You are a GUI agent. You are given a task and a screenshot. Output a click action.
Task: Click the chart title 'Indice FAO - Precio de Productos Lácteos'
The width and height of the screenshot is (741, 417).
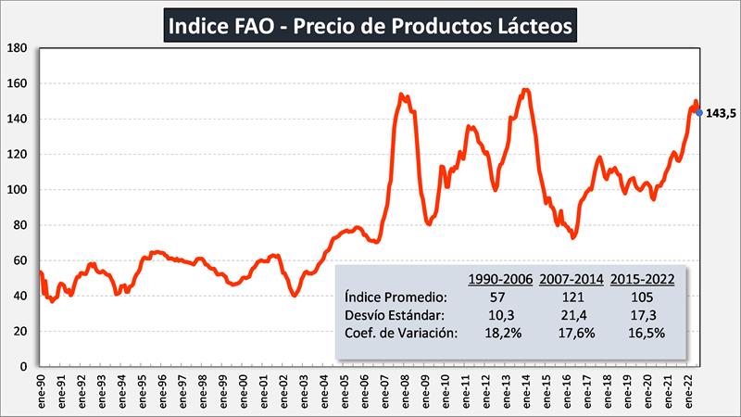click(x=370, y=24)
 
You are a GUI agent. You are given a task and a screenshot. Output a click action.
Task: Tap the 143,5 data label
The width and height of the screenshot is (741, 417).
click(x=721, y=113)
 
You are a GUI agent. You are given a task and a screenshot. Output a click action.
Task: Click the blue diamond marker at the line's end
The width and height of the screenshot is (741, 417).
click(x=698, y=112)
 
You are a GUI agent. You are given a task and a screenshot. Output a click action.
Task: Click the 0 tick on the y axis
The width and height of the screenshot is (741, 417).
click(x=24, y=367)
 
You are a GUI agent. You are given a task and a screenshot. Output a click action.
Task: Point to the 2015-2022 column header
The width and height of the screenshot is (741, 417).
click(x=641, y=277)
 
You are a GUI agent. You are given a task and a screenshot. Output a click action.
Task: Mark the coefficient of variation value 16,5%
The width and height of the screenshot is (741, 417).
click(x=641, y=335)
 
